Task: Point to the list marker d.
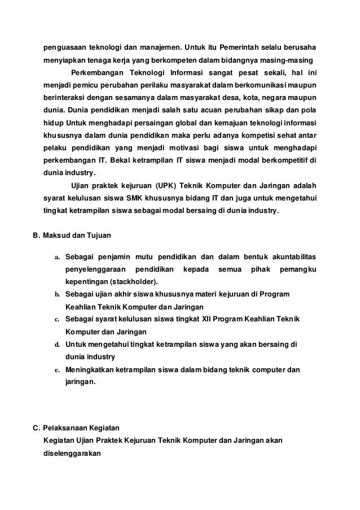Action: pyautogui.click(x=57, y=345)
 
